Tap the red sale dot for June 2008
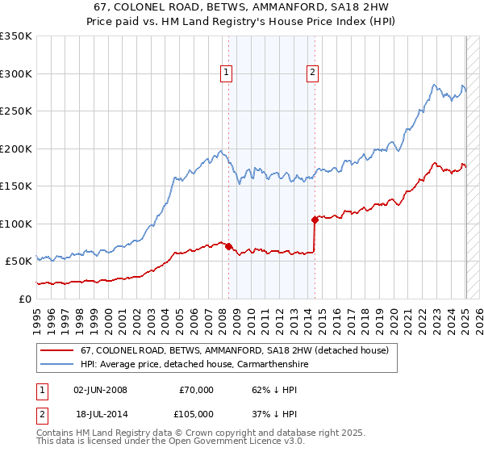point(228,246)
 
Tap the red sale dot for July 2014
point(314,220)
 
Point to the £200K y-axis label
point(15,149)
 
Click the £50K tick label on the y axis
point(18,262)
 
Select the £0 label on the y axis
point(25,299)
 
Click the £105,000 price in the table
point(196,412)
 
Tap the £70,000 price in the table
point(196,390)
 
